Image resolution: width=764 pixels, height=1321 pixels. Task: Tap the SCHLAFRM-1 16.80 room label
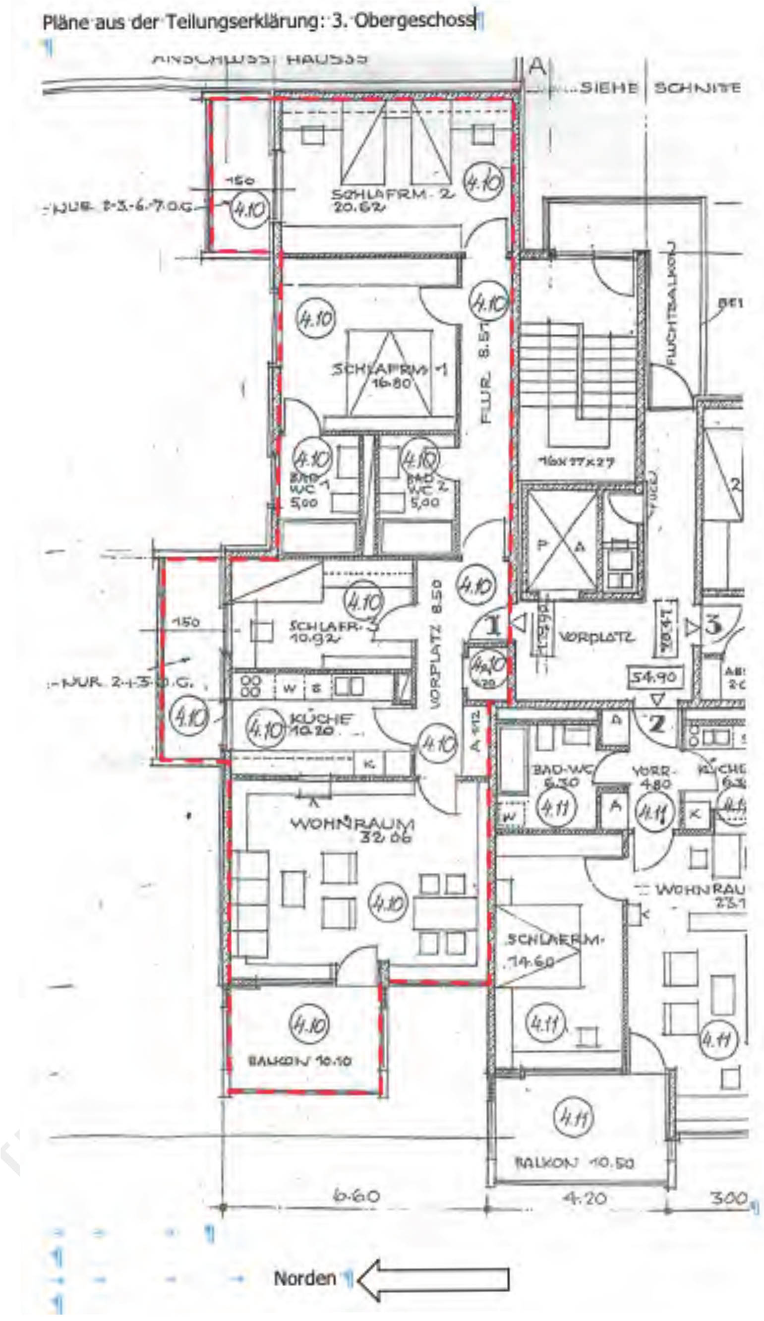(x=390, y=375)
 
